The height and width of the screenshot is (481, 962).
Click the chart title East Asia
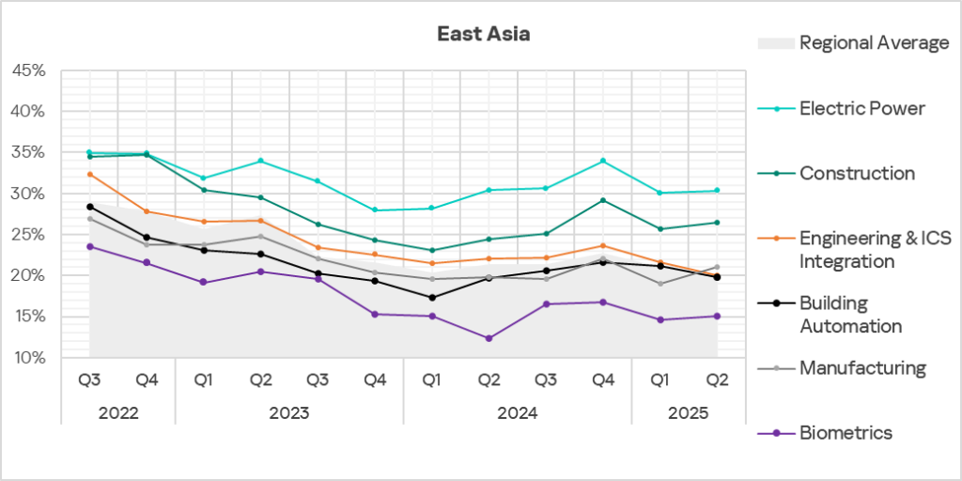484,35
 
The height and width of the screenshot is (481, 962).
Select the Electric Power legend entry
861,108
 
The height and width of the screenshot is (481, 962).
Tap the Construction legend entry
857,173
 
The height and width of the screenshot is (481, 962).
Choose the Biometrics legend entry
846,432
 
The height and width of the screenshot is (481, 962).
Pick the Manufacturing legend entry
862,367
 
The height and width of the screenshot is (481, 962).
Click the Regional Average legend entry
874,42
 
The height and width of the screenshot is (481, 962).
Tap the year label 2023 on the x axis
289,411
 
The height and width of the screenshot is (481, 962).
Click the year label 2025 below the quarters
690,411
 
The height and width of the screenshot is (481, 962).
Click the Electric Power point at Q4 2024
603,161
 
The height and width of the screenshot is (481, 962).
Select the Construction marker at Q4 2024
603,200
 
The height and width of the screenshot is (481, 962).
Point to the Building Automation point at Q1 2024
432,298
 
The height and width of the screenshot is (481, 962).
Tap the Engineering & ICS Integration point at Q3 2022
89,174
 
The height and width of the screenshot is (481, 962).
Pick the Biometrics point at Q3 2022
89,246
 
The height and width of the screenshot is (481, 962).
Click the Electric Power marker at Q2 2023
261,161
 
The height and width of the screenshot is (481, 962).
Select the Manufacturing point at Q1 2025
660,284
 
